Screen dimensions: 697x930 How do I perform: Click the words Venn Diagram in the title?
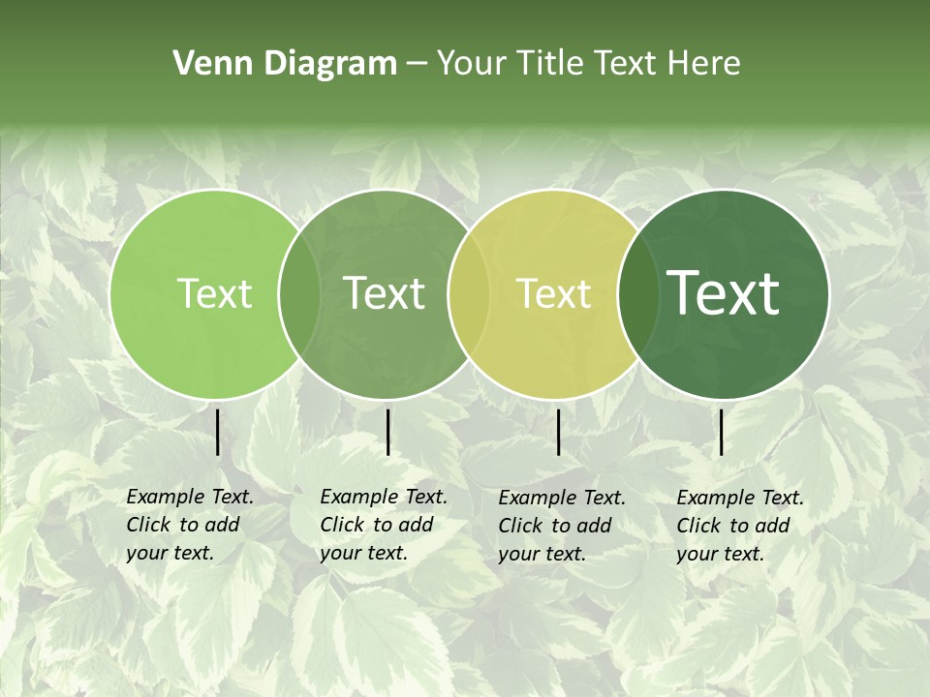(x=285, y=64)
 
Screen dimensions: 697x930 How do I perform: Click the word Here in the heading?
(x=705, y=64)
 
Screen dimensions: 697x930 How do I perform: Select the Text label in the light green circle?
(x=214, y=293)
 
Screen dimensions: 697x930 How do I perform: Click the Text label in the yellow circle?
(x=553, y=293)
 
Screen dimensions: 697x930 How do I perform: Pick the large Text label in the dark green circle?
(x=723, y=292)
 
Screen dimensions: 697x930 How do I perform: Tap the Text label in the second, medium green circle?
(x=384, y=293)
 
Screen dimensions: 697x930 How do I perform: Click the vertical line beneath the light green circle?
(x=218, y=432)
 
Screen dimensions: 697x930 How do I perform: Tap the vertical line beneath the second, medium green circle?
(x=387, y=432)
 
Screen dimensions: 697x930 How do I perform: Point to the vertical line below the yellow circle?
(x=558, y=432)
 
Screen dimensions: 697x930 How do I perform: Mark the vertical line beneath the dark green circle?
(x=722, y=432)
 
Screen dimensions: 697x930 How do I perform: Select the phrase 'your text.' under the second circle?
(x=363, y=553)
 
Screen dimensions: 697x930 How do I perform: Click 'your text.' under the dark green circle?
(x=720, y=554)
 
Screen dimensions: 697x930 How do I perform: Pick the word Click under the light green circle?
(x=148, y=525)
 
